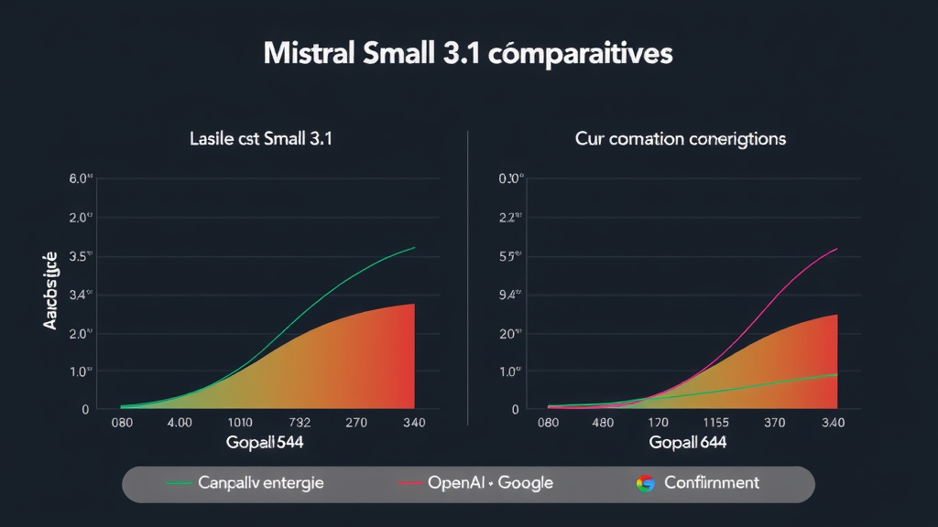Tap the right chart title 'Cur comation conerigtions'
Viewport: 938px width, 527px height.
[681, 139]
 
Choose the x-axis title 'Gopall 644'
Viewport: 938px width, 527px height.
[687, 442]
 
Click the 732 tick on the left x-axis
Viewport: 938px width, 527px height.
[299, 424]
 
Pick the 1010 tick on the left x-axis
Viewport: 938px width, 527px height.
[239, 424]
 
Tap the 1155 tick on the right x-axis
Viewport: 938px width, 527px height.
[722, 424]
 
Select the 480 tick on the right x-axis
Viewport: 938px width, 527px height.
[603, 424]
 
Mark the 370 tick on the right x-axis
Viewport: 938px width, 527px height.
[776, 424]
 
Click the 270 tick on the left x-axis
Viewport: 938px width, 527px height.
[356, 424]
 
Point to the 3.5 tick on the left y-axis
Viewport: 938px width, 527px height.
[82, 256]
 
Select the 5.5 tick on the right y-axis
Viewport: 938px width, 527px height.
[508, 256]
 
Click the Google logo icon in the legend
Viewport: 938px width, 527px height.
[646, 483]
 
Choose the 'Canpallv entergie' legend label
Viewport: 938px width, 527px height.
[261, 482]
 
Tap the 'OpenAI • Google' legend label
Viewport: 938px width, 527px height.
[490, 482]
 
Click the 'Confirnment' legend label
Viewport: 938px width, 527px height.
[712, 482]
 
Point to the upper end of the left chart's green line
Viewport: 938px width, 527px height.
[415, 247]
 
